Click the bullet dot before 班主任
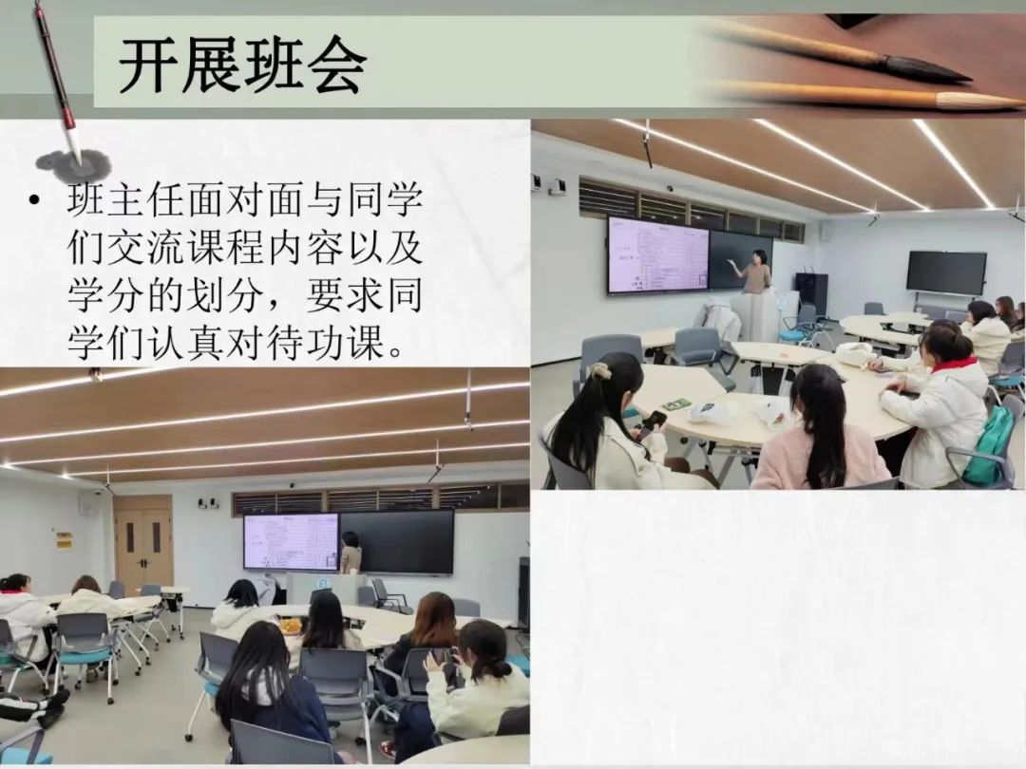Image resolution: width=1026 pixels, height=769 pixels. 34,200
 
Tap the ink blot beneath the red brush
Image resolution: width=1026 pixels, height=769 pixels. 74,163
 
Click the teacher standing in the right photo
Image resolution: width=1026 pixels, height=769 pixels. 756,272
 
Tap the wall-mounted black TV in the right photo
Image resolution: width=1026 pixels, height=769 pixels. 946,272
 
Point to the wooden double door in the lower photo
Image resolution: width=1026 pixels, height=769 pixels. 143,545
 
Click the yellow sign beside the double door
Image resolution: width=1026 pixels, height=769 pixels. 64,540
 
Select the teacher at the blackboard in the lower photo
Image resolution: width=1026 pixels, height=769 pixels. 351,553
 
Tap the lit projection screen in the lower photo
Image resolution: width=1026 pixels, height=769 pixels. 292,542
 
